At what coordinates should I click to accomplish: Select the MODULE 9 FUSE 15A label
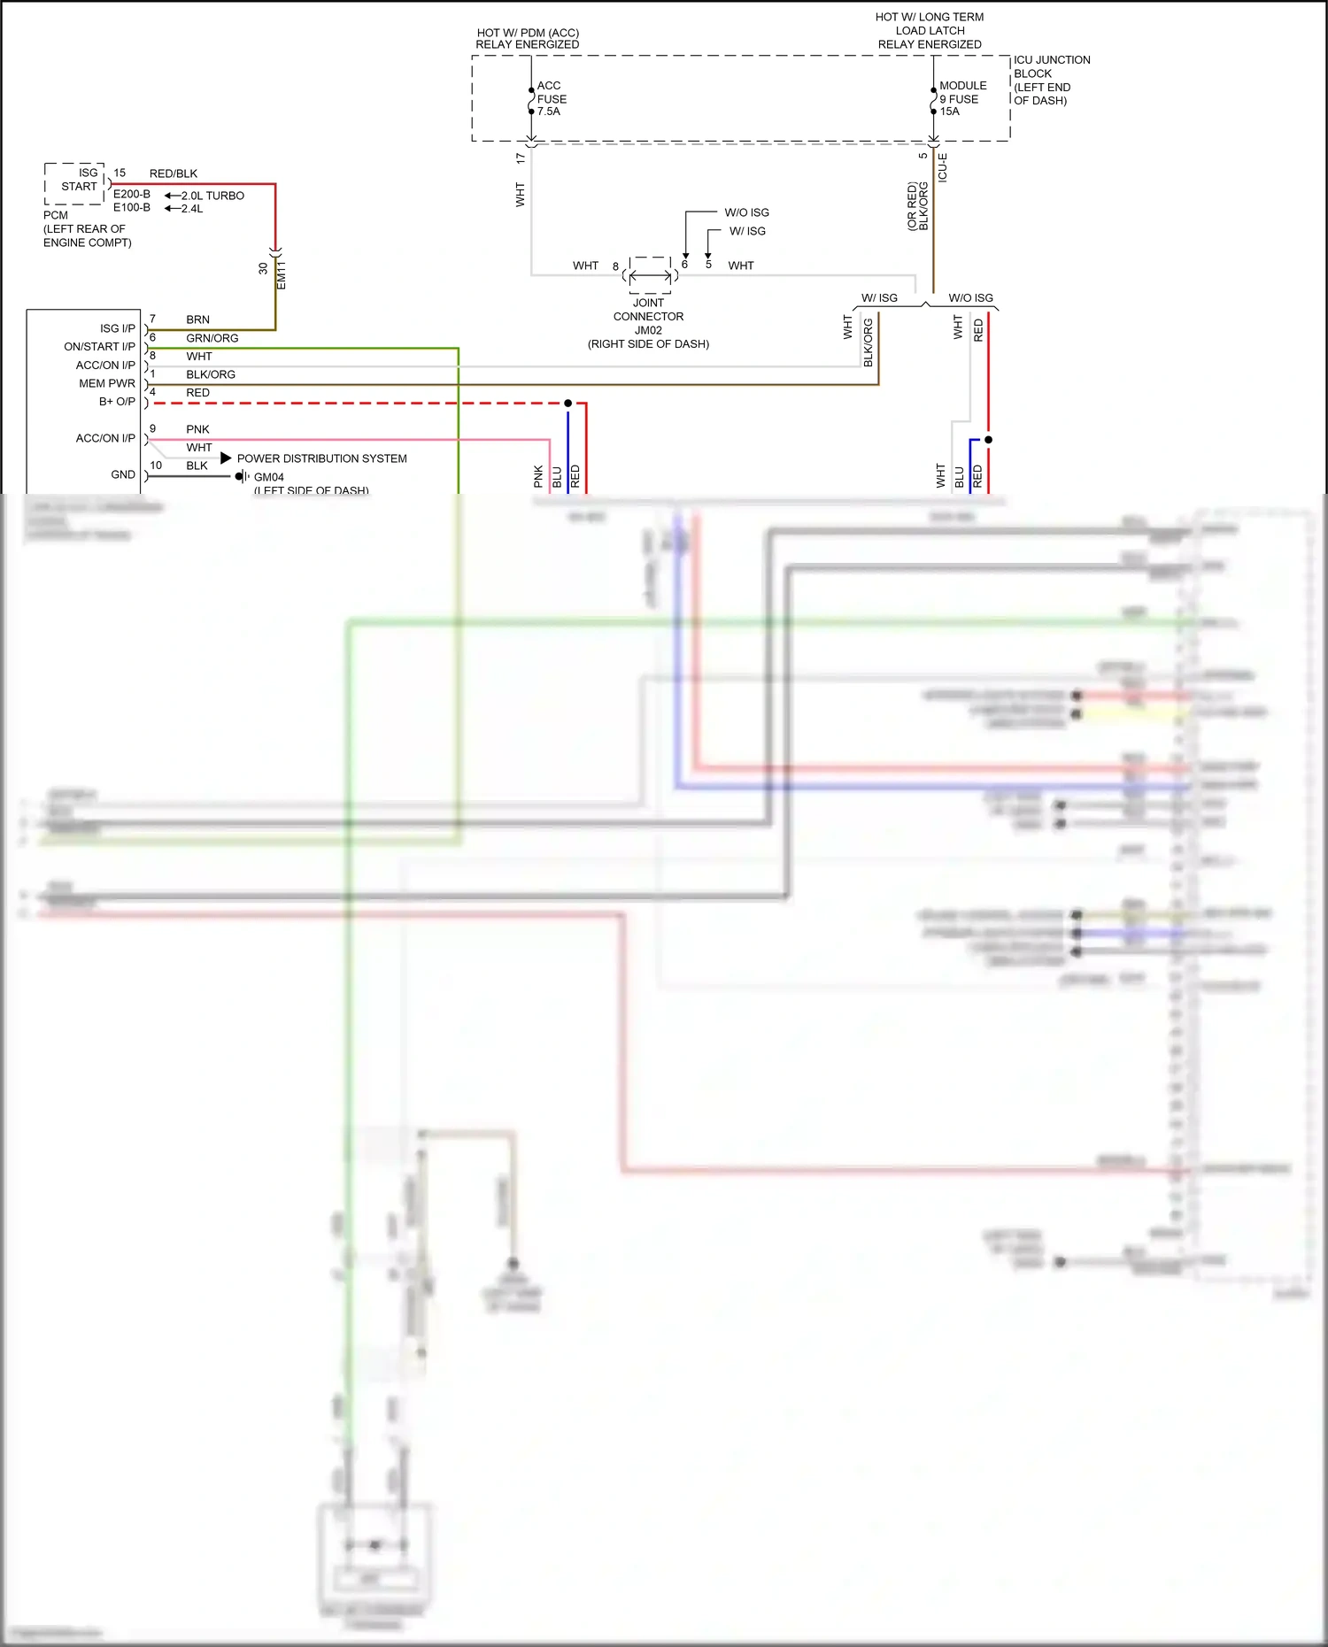click(961, 98)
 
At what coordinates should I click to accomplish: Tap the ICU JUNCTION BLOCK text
click(1051, 80)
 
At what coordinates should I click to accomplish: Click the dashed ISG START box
click(75, 183)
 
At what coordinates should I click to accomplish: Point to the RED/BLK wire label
click(174, 173)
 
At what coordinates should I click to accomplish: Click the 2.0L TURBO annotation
click(212, 196)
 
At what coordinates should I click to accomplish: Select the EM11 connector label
click(282, 274)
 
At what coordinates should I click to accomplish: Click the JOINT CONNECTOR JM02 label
click(648, 323)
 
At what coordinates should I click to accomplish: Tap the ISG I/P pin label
click(117, 328)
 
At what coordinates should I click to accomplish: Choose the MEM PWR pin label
click(107, 383)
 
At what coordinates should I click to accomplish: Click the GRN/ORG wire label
click(212, 338)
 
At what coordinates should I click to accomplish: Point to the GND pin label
click(123, 474)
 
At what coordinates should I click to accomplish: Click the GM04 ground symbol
click(241, 476)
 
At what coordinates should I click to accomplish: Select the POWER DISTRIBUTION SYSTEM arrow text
click(321, 458)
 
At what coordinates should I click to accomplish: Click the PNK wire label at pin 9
click(197, 429)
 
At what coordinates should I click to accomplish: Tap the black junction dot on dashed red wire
click(567, 403)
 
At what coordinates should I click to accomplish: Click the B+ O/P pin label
click(117, 401)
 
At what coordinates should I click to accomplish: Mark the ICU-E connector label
click(943, 168)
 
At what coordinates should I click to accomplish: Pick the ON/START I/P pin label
click(99, 346)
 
